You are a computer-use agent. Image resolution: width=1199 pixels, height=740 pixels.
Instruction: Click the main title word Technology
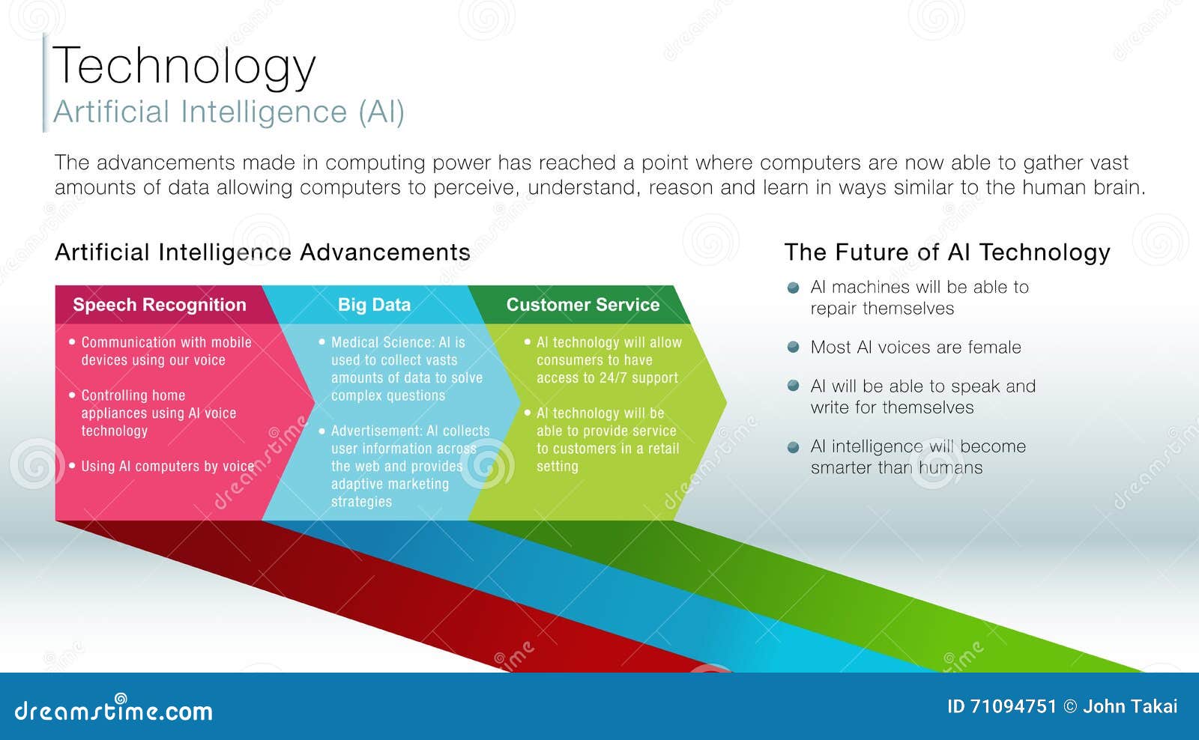(184, 66)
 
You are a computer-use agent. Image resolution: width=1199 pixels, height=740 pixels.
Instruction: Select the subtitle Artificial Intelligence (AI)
(229, 112)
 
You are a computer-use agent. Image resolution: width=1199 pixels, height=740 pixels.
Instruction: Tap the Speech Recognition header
(159, 305)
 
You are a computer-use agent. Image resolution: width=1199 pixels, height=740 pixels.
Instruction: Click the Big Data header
(374, 305)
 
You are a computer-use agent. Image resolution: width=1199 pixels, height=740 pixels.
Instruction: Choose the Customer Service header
(582, 305)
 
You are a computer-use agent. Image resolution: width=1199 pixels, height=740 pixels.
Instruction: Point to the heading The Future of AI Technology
(946, 252)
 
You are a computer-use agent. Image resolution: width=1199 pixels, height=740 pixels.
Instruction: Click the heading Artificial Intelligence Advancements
(262, 252)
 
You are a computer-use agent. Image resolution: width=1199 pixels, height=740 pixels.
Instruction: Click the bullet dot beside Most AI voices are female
(794, 347)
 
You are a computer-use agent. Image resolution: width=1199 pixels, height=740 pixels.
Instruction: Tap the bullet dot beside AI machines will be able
(794, 288)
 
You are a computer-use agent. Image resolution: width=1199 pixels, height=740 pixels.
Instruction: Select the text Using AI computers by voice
(167, 466)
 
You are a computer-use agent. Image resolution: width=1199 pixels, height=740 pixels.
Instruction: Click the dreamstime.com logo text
(114, 711)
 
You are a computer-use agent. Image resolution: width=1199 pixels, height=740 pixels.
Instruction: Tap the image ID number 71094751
(1012, 706)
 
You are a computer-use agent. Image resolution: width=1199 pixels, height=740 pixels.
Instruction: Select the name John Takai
(1130, 706)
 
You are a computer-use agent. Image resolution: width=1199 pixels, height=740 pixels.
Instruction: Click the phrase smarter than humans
(896, 468)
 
